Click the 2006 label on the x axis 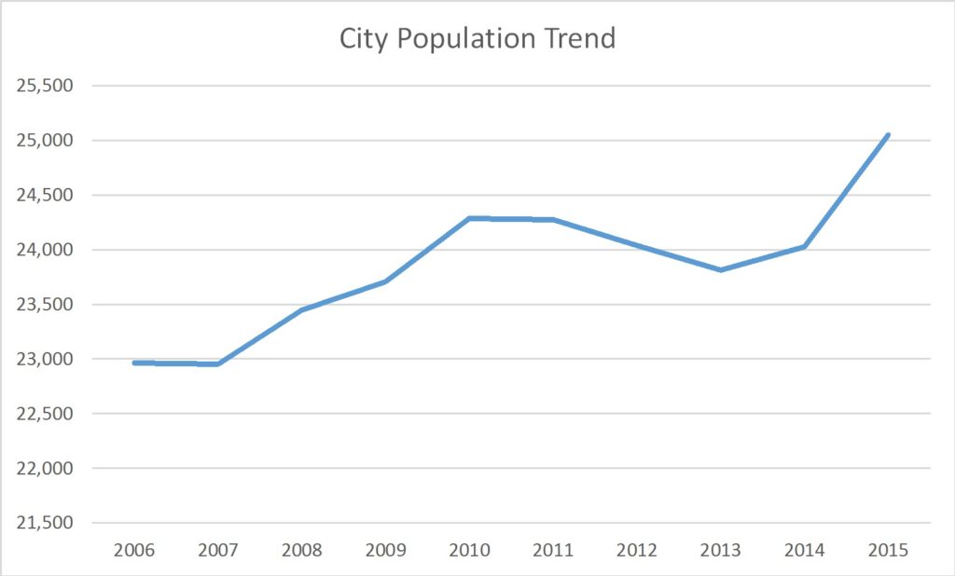[134, 550]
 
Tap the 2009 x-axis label [385, 550]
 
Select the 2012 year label [637, 550]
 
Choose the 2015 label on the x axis [888, 550]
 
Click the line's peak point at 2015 [888, 135]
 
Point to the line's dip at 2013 [721, 269]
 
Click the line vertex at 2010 [469, 218]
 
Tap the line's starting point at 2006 [135, 363]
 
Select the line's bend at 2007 [218, 363]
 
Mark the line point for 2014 [804, 246]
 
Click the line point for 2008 [302, 309]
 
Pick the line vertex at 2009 [385, 281]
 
